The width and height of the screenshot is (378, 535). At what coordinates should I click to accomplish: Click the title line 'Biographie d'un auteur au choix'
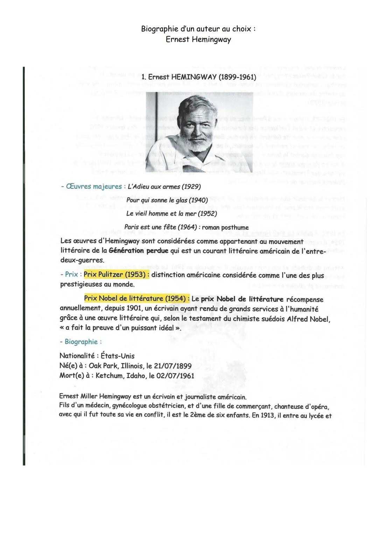[x=198, y=29]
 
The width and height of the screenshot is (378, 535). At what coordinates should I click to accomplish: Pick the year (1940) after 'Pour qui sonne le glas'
[x=198, y=200]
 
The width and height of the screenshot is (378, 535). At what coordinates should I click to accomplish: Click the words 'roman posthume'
[x=225, y=227]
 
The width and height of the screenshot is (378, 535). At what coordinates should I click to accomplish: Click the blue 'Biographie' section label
[x=81, y=342]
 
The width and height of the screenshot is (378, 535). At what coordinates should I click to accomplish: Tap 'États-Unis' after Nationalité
[x=118, y=356]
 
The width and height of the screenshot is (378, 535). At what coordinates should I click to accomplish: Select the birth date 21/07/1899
[x=173, y=366]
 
